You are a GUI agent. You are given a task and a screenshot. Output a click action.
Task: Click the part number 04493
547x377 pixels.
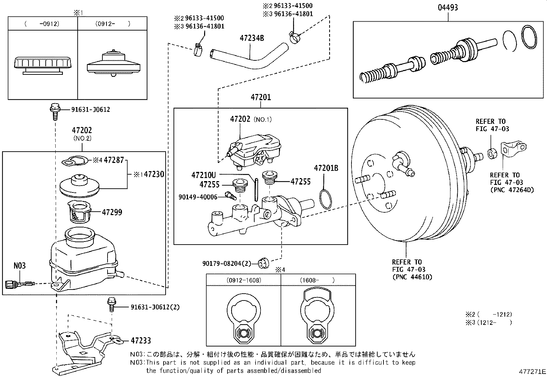448,8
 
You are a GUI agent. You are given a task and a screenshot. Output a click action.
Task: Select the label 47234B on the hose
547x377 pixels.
252,38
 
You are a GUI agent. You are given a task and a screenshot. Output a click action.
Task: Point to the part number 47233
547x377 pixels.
141,341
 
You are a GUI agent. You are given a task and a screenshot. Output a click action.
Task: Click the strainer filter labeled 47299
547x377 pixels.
79,211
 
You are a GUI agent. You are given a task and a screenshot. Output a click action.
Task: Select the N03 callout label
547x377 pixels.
20,266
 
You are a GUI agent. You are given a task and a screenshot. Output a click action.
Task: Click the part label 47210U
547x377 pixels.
203,175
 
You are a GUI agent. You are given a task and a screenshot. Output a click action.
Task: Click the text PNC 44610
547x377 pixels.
412,277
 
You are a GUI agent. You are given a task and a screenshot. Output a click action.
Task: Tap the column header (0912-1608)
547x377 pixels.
244,280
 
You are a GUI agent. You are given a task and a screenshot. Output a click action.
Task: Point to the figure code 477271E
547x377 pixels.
532,372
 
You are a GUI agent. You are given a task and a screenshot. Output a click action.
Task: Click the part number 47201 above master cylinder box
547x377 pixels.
260,97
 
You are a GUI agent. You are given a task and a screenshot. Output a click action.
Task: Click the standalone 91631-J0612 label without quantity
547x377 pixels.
90,109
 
